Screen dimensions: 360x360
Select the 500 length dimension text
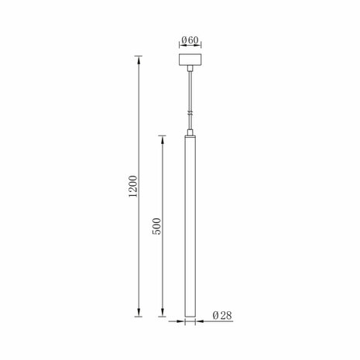pos(156,225)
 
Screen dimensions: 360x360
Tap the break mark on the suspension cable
pos(190,113)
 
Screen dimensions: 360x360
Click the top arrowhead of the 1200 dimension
pos(139,58)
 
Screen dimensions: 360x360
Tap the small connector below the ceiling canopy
pos(190,69)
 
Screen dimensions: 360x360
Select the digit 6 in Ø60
pos(190,39)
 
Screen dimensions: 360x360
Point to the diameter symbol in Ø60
pos(183,39)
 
